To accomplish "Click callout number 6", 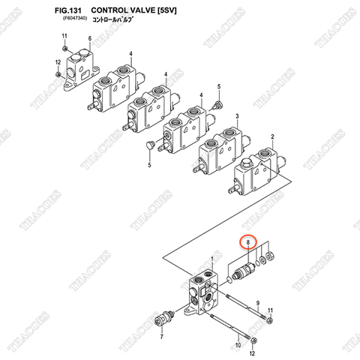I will coord(89,38).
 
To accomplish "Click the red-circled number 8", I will coord(248,243).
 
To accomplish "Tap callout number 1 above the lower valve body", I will coord(211,257).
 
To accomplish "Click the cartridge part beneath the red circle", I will coord(244,271).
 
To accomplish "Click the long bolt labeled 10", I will coord(225,328).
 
